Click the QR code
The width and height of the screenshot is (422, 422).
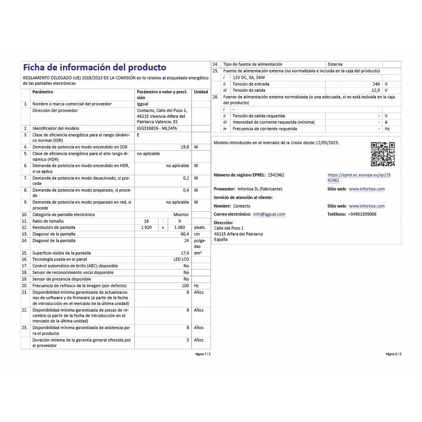[x=383, y=154]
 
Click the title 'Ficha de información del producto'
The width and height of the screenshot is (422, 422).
[x=95, y=68]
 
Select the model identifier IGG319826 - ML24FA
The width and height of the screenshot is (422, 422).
[x=157, y=128]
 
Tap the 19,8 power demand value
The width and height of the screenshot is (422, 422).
[x=185, y=147]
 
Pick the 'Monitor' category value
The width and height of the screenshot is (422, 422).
[x=181, y=215]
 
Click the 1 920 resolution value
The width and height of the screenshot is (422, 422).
[x=146, y=228]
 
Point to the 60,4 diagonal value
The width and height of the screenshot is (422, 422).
[x=185, y=234]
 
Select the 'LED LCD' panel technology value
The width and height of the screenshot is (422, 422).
[x=181, y=259]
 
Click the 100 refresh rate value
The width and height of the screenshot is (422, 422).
[x=185, y=286]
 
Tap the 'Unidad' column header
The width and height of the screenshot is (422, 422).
[x=201, y=92]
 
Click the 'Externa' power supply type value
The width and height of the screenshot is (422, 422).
[x=335, y=64]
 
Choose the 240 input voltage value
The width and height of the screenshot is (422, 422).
[x=376, y=84]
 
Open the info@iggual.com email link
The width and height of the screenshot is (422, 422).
[x=269, y=214]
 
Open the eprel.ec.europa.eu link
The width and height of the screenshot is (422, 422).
[x=359, y=178]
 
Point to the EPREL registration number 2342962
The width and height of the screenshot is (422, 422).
[x=276, y=175]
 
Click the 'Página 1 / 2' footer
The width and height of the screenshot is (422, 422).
[x=203, y=354]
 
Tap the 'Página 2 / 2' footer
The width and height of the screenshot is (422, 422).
[x=394, y=354]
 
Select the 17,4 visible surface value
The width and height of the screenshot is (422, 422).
[x=185, y=253]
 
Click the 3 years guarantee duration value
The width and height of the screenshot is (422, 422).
[x=187, y=340]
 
